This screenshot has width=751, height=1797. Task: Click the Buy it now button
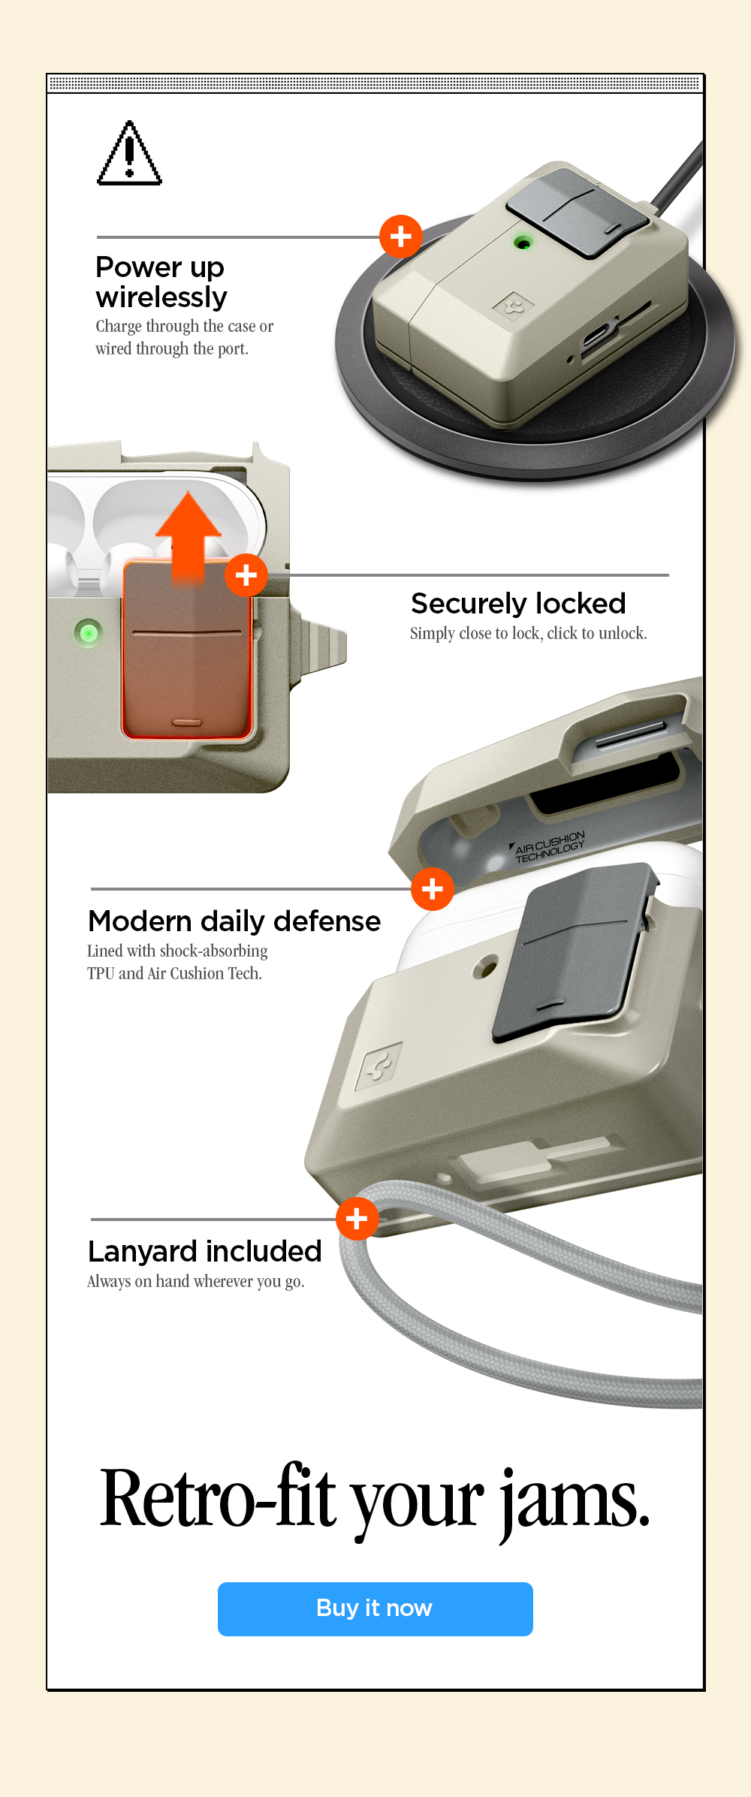click(375, 1609)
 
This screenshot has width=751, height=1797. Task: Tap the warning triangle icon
click(129, 153)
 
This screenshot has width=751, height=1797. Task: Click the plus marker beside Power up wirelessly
click(401, 237)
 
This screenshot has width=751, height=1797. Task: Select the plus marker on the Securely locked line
click(246, 575)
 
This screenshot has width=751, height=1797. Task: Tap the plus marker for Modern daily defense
click(433, 889)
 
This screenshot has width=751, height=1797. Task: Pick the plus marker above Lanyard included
click(357, 1219)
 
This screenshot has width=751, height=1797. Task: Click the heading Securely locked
click(518, 603)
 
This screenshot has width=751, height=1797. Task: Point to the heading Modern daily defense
click(234, 921)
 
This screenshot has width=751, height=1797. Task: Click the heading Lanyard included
click(204, 1251)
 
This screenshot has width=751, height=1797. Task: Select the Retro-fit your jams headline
click(375, 1498)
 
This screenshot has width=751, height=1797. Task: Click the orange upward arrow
click(189, 537)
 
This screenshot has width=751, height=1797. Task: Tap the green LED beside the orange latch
click(89, 633)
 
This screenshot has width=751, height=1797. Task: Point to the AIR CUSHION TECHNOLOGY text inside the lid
click(549, 847)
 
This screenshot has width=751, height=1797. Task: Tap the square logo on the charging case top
click(513, 305)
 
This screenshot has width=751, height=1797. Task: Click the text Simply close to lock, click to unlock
click(529, 633)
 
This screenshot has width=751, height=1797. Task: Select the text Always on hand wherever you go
click(196, 1282)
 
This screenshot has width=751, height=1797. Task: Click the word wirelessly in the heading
click(161, 298)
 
